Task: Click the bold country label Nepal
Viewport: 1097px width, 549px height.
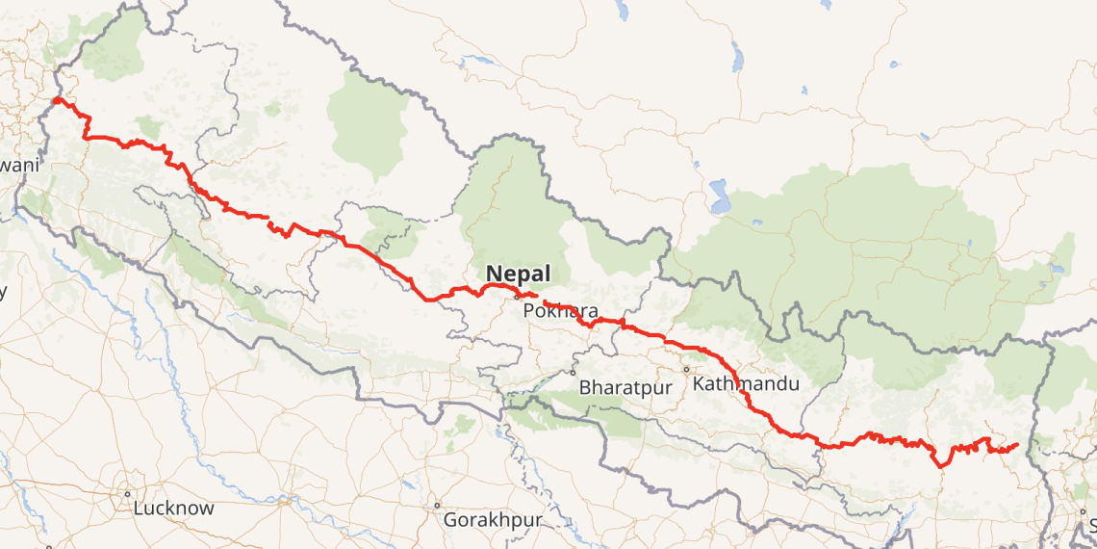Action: [519, 273]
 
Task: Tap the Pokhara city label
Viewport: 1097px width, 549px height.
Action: [561, 311]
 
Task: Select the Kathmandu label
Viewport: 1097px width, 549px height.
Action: [746, 384]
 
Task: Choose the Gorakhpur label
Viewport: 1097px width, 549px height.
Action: [493, 520]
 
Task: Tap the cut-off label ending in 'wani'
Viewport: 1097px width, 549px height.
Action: [19, 165]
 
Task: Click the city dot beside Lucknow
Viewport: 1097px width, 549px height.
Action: [127, 494]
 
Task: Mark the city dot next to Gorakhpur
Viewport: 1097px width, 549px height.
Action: [437, 505]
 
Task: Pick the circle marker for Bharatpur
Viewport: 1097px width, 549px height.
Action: [573, 373]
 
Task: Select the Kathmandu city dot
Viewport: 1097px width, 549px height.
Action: [687, 369]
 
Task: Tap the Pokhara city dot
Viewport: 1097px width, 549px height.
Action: [517, 296]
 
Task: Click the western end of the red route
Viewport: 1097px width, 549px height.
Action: [56, 99]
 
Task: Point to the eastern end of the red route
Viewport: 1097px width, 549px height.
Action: [1017, 444]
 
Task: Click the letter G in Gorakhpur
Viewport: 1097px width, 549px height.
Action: [449, 520]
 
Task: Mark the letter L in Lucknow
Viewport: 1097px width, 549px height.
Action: [140, 508]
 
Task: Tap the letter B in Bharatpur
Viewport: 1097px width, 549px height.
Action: [585, 388]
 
